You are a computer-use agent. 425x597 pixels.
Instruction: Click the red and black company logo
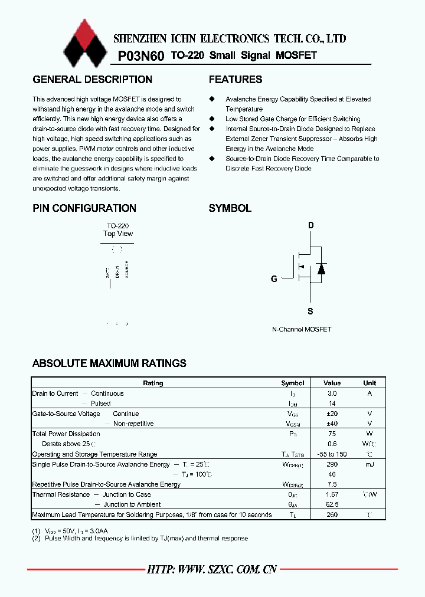86,43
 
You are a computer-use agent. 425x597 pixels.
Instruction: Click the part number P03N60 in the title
142,56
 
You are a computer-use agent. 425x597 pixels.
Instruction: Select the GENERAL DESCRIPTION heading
92,80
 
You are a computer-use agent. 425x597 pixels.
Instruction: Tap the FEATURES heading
236,80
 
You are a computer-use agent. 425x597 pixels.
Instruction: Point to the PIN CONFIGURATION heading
84,208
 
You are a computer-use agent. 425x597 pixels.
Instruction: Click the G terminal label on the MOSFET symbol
274,279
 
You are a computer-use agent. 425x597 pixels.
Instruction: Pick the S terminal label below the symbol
310,311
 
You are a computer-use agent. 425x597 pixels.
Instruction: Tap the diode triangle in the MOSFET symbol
321,269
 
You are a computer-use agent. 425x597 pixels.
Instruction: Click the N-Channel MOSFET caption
302,329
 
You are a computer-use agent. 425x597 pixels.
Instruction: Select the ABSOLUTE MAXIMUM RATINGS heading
109,363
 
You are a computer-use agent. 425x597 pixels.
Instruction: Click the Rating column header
153,383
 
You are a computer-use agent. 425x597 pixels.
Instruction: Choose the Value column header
332,383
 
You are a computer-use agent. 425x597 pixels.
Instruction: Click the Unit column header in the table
370,383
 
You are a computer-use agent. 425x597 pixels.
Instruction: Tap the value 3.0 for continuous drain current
332,393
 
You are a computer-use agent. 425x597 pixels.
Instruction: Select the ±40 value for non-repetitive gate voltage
332,424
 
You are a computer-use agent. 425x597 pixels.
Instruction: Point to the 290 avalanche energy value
332,464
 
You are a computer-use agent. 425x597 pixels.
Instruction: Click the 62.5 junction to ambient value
332,504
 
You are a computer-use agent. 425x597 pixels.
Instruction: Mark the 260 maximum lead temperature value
332,514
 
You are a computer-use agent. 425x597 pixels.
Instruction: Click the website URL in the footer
212,569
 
